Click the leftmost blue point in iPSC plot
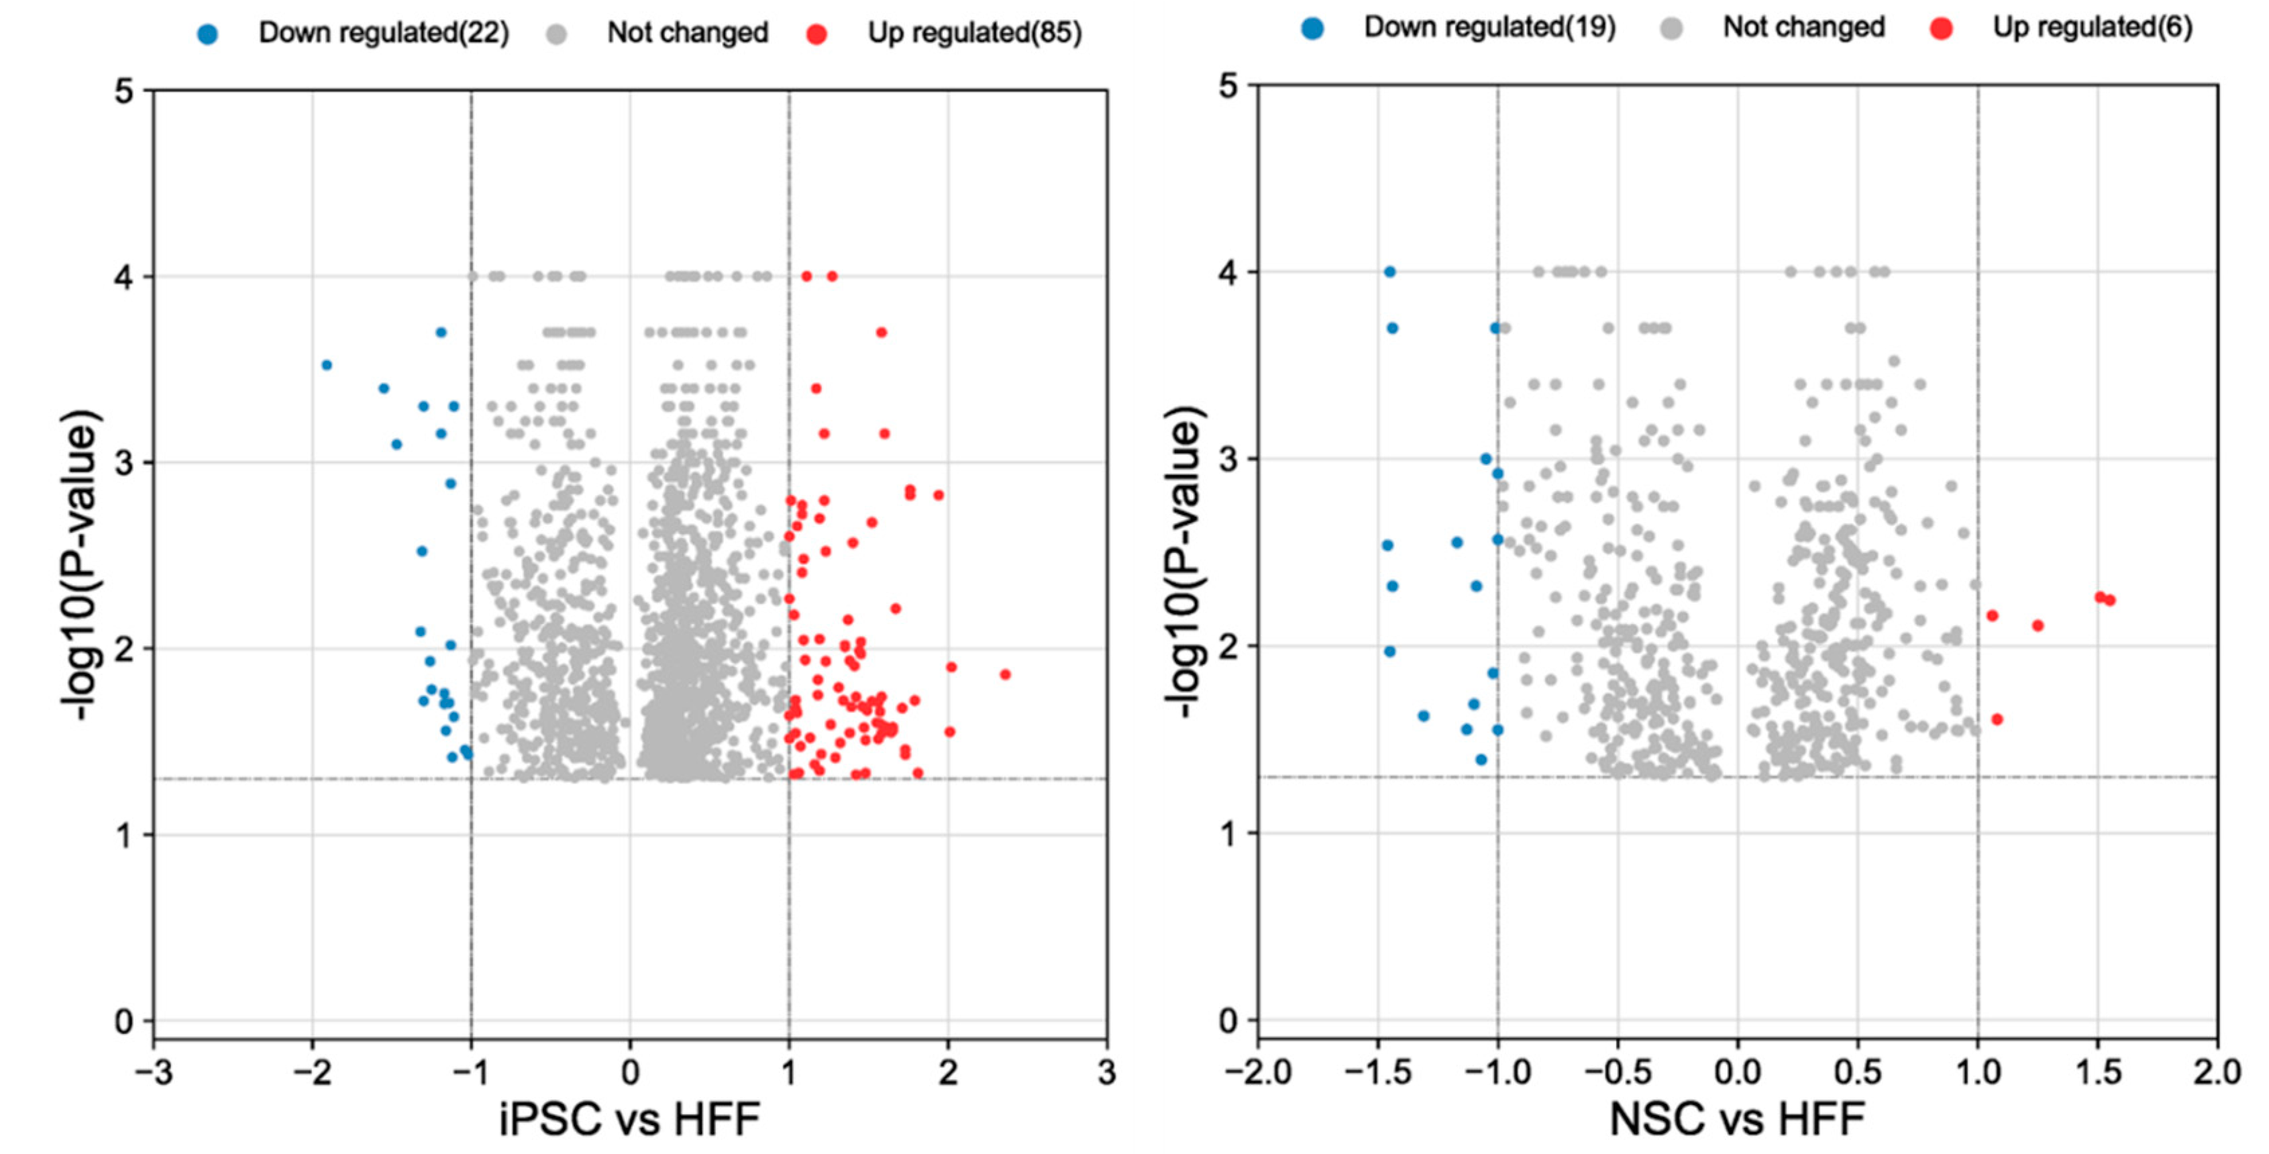click(x=327, y=365)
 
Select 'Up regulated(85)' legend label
click(x=974, y=34)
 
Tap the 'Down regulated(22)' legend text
click(x=383, y=34)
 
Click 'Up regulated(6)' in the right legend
click(x=2092, y=28)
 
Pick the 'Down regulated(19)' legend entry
click(x=1489, y=28)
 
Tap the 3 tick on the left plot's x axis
click(x=1106, y=1072)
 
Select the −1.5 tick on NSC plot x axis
click(x=1377, y=1072)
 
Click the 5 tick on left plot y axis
click(x=124, y=91)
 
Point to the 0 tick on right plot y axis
click(x=1228, y=1021)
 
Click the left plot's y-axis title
click(x=80, y=564)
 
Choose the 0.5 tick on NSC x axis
click(x=1857, y=1072)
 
